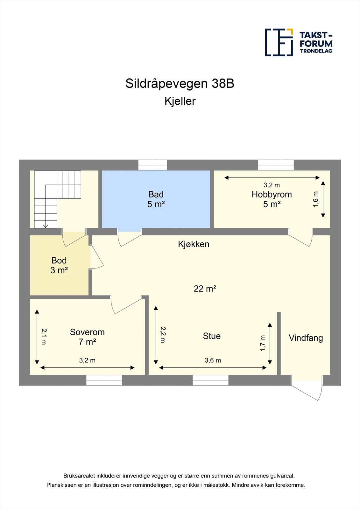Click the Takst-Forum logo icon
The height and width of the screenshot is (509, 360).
pos(279,42)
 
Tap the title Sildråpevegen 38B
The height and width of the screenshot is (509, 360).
pos(180,84)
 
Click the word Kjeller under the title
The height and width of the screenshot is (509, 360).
pos(180,101)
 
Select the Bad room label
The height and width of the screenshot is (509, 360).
pos(156,194)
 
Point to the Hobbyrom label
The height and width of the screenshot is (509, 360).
pos(272,194)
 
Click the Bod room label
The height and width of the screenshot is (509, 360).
pos(59,261)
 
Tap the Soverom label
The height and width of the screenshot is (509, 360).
pos(87,332)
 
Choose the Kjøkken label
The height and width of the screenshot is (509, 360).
pos(194,244)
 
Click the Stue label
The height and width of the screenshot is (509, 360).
pos(212,336)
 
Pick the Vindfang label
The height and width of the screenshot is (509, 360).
pos(306,338)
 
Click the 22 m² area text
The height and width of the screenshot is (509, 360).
pos(205,289)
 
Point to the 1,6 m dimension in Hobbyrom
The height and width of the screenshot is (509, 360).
pos(316,199)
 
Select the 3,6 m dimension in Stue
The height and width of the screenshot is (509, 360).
pos(213,360)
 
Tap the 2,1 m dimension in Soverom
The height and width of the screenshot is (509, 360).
pos(44,337)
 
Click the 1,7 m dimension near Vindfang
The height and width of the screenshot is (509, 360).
pos(263,343)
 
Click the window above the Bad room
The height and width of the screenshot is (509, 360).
pos(152,165)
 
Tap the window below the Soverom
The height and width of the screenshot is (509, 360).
pos(104,380)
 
